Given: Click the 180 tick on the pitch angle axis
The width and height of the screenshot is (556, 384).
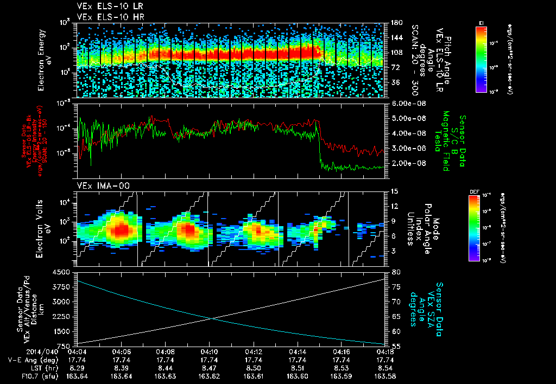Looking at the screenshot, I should pyautogui.click(x=396, y=23).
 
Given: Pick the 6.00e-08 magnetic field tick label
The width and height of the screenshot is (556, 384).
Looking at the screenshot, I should pyautogui.click(x=407, y=103).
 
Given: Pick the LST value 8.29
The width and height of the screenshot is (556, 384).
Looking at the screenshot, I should pyautogui.click(x=77, y=368).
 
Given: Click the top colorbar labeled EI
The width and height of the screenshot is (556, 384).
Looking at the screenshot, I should pyautogui.click(x=482, y=59).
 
